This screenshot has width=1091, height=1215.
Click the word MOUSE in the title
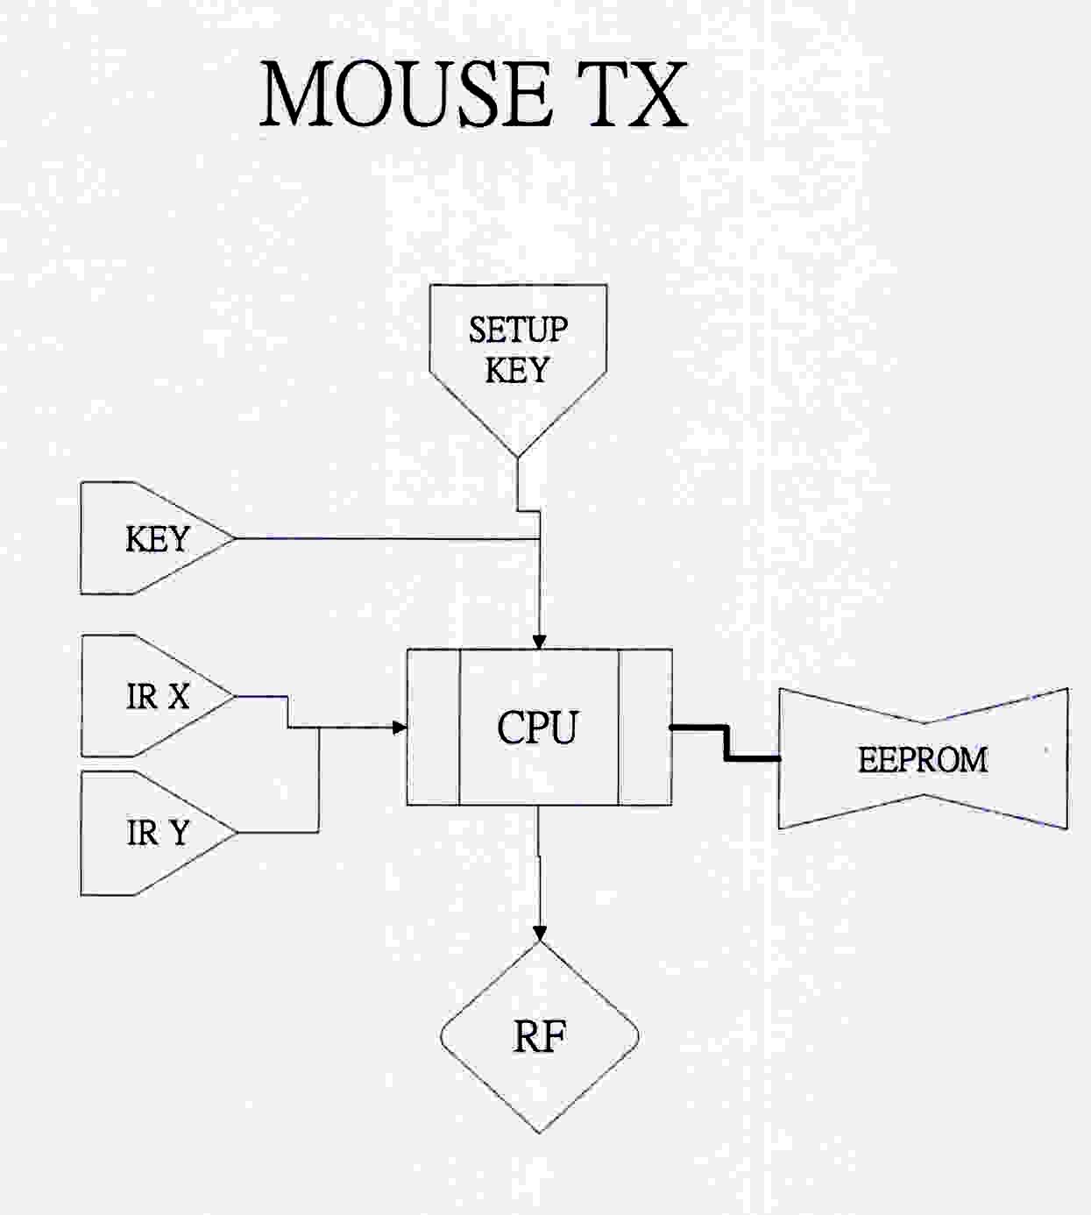tap(406, 95)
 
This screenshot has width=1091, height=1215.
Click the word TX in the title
tap(637, 95)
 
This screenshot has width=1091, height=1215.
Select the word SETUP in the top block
tap(518, 330)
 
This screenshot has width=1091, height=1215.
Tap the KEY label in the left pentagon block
tap(157, 539)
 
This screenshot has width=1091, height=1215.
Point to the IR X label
tap(157, 697)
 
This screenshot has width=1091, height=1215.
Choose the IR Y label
tap(157, 832)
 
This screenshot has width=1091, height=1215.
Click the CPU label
tap(537, 728)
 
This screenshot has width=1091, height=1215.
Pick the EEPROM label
tap(923, 760)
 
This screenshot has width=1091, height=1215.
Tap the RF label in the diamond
tap(539, 1037)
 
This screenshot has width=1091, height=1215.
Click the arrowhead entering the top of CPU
tap(539, 642)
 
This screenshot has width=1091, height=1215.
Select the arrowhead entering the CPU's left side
tap(400, 727)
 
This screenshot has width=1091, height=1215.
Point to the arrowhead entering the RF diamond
tap(539, 933)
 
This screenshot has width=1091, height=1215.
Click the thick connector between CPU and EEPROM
tap(726, 742)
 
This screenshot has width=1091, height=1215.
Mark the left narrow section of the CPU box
tap(433, 728)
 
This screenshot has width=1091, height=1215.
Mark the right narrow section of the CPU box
tap(645, 728)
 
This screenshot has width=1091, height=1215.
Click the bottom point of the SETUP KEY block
tap(518, 456)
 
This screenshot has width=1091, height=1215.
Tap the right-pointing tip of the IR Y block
tap(236, 832)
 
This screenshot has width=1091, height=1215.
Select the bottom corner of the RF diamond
tap(539, 1132)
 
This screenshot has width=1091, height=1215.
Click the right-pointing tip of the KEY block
tap(235, 538)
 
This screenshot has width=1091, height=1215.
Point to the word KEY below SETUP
tap(517, 370)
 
